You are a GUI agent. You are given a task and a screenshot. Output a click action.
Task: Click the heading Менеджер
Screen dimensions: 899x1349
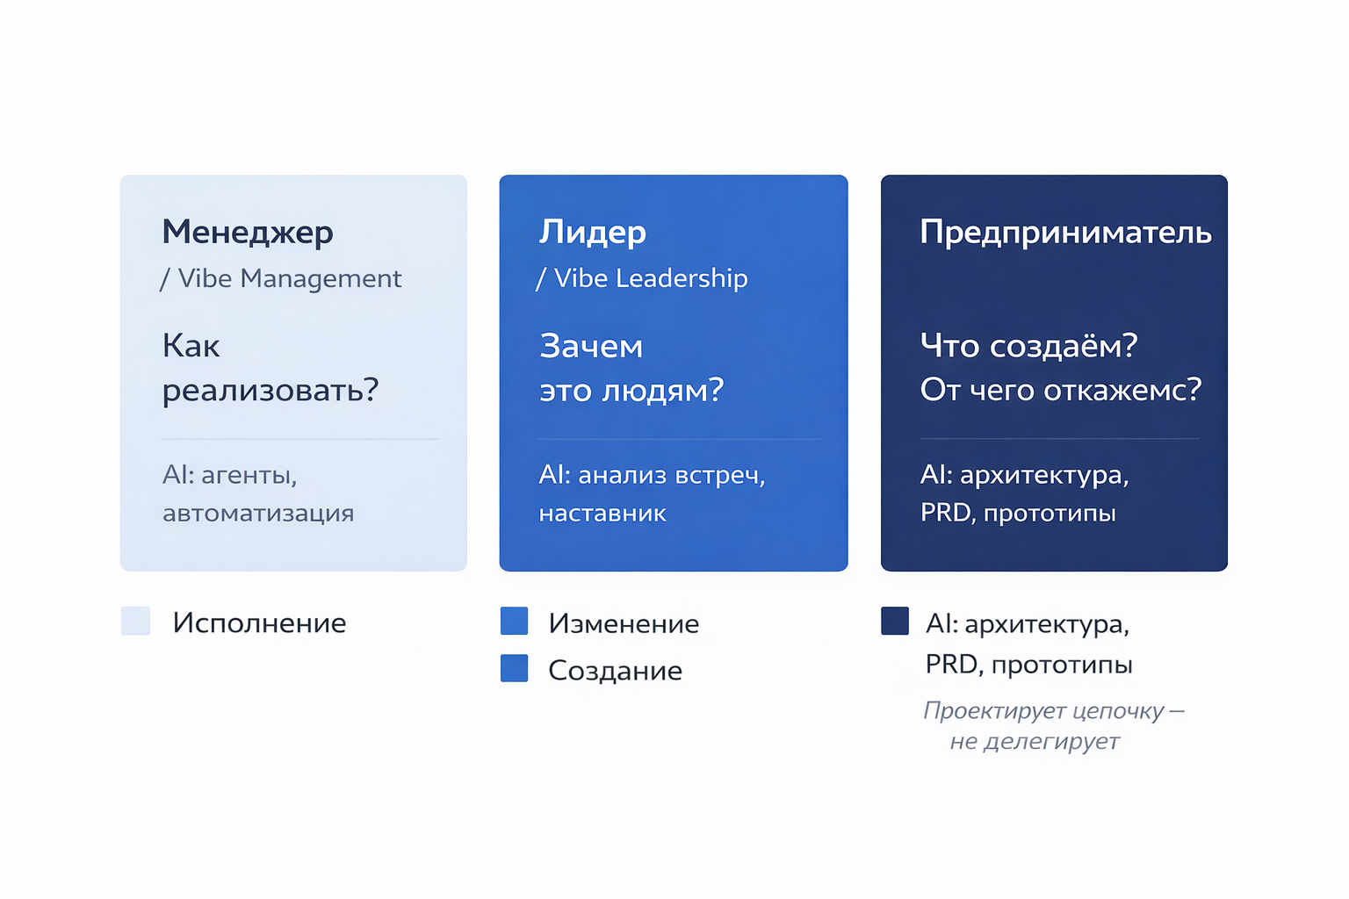click(248, 233)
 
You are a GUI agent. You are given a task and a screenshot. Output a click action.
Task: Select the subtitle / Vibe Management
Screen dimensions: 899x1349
click(281, 278)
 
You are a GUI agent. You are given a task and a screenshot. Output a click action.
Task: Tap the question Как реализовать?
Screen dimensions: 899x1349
click(270, 368)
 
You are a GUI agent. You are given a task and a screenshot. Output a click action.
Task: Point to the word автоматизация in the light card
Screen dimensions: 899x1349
click(258, 514)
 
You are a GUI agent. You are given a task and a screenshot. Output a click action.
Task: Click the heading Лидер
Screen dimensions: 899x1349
click(593, 233)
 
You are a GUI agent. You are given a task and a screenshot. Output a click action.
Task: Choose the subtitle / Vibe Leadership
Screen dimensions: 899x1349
click(642, 278)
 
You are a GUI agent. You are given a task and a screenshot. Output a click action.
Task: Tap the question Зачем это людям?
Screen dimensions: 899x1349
click(631, 368)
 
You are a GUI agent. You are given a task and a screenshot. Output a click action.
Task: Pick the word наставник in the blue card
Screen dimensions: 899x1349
click(602, 514)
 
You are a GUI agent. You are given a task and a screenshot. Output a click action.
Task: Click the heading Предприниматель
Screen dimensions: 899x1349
click(1065, 233)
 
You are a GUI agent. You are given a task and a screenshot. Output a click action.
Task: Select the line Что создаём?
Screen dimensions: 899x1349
click(1028, 346)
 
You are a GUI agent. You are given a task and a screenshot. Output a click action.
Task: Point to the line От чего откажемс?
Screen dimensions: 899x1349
click(1060, 390)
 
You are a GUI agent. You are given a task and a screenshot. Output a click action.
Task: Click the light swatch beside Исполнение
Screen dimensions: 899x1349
click(135, 621)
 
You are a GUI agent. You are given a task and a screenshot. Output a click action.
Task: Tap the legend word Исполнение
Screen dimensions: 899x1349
click(259, 623)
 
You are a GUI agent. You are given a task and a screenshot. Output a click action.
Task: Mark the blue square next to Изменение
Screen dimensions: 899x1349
click(514, 621)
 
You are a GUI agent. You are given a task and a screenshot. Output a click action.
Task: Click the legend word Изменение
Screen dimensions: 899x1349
click(624, 623)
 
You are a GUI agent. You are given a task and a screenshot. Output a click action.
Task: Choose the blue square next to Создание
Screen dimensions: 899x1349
click(514, 668)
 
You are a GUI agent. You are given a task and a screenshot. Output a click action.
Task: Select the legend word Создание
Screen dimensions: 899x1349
click(615, 671)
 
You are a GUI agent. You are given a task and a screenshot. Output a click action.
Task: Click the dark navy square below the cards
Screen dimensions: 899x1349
click(895, 621)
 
